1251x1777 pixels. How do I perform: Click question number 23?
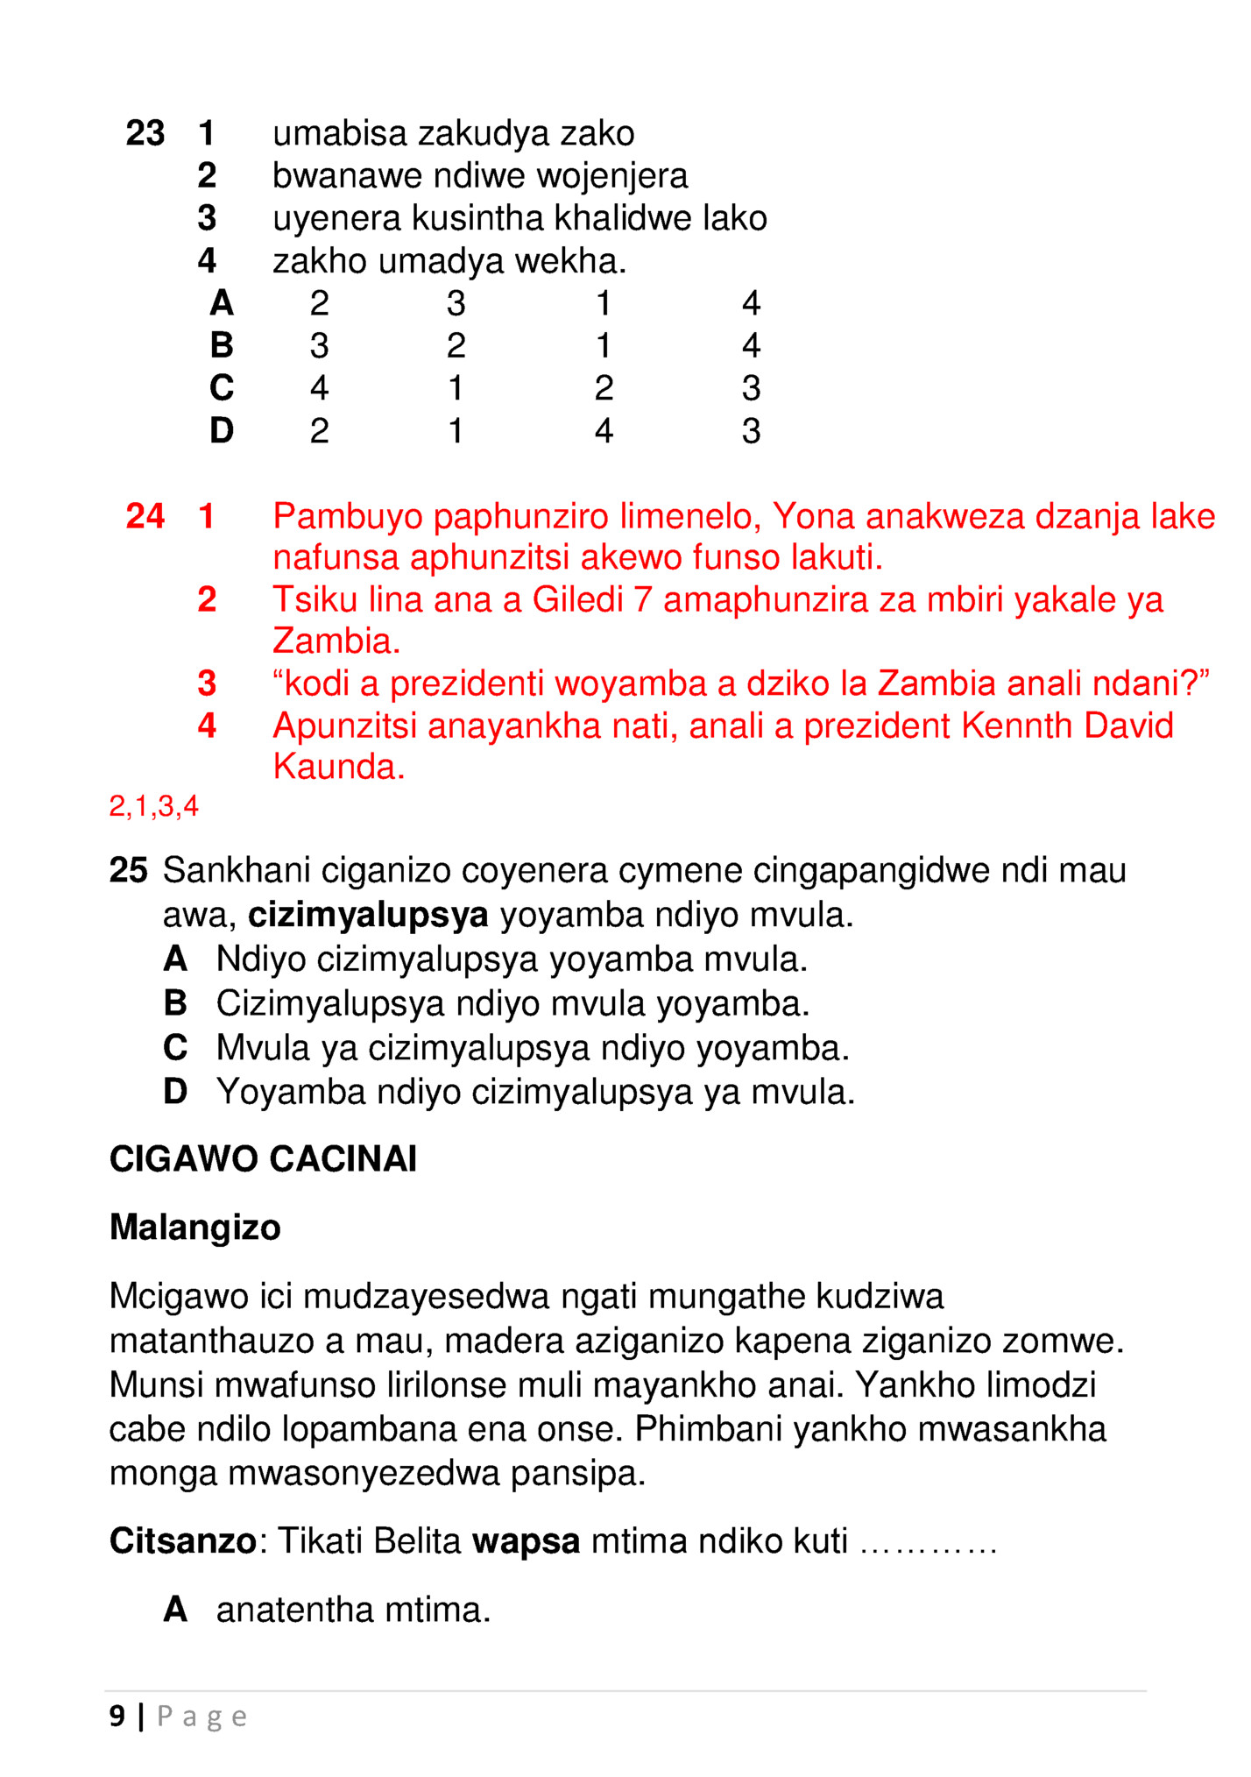145,134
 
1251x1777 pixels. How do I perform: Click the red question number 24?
145,517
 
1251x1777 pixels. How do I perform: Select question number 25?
128,871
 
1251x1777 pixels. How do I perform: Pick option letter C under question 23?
222,388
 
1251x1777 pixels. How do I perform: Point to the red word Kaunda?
338,768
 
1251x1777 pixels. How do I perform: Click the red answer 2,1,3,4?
153,806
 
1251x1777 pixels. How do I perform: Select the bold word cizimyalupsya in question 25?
368,916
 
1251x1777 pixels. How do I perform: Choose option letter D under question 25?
175,1093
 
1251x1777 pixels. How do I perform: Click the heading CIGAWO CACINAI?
263,1159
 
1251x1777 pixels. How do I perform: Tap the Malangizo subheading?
194,1228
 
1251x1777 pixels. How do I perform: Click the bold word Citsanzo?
182,1541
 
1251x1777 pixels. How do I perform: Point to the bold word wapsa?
526,1541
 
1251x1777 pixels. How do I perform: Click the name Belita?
417,1541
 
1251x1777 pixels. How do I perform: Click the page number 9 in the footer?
117,1716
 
